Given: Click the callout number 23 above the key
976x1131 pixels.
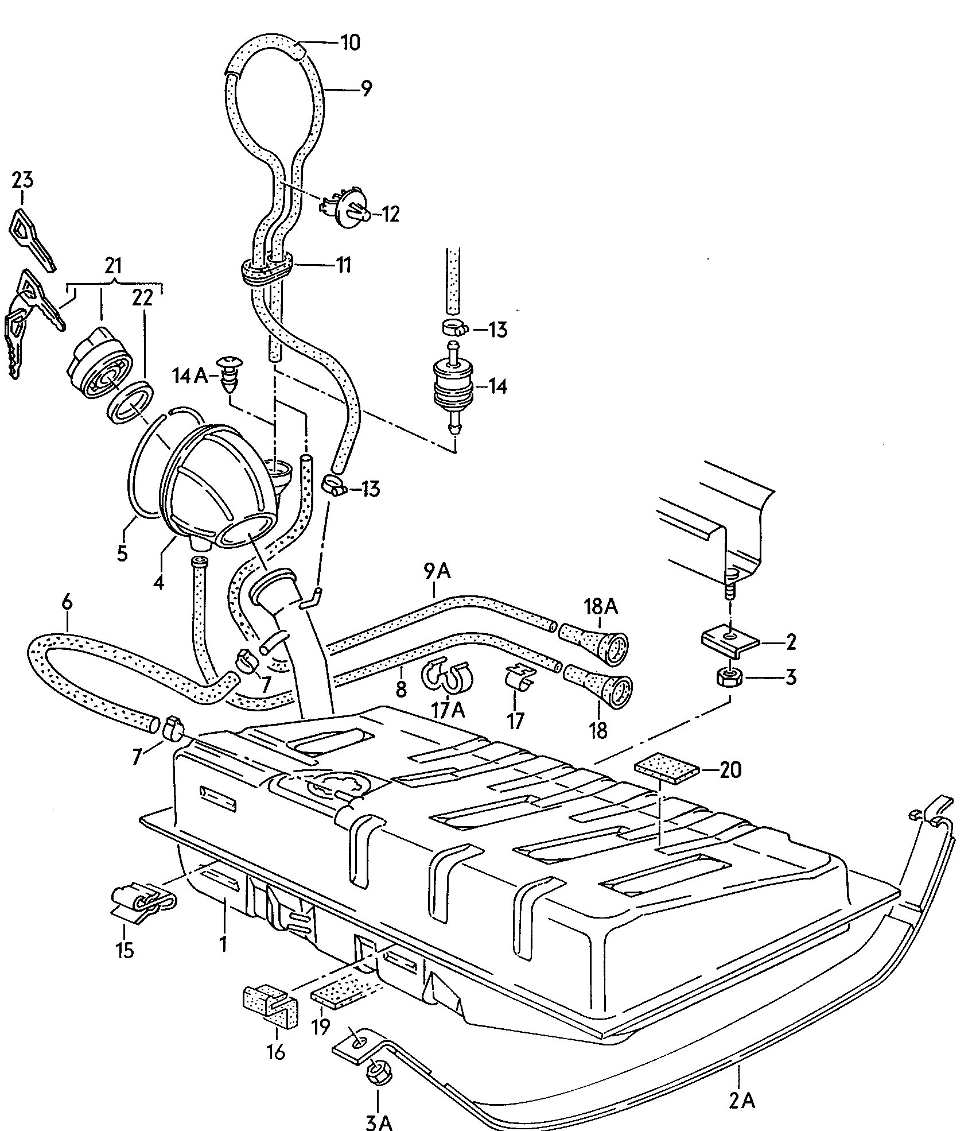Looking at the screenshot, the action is pos(22,180).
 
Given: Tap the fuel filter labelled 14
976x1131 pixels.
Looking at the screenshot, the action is pos(453,385).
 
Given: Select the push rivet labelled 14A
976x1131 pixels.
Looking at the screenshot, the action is pos(232,374).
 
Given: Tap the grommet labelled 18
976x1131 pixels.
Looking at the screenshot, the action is pos(597,686).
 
